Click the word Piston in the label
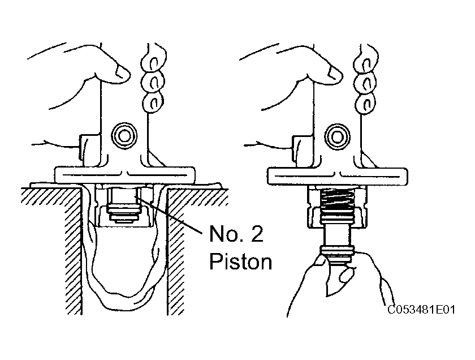point(240,262)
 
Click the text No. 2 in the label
point(236,234)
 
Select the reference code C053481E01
point(421,310)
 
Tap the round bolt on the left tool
point(124,136)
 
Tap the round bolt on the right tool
point(337,136)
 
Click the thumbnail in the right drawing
point(335,73)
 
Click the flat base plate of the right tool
point(338,175)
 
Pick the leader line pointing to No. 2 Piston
point(169,215)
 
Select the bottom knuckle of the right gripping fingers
point(366,104)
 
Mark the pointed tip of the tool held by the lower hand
point(327,295)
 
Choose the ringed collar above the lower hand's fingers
point(337,251)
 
